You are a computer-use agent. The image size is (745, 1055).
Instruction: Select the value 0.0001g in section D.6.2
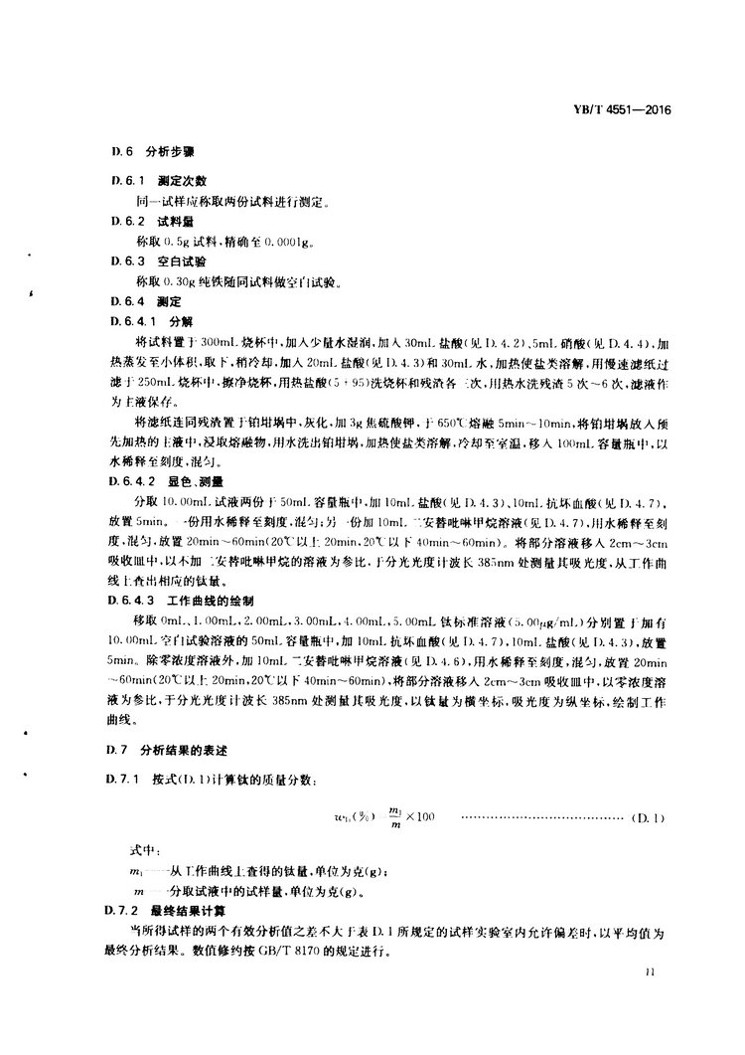click(296, 240)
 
